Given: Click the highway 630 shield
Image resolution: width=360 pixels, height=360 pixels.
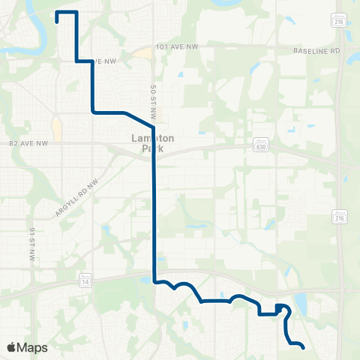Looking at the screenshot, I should click(x=260, y=147).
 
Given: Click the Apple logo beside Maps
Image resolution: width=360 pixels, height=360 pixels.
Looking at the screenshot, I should click(x=11, y=347).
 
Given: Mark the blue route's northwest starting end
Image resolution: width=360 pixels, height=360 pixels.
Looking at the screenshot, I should click(x=58, y=22).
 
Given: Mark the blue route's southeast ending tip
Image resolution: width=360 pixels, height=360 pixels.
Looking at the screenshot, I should click(x=303, y=348).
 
